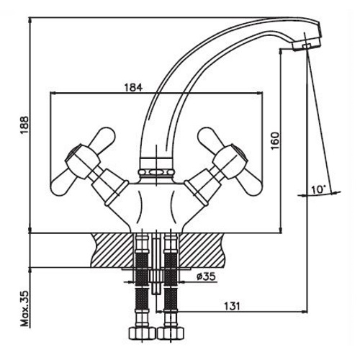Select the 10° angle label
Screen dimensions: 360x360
click(x=318, y=190)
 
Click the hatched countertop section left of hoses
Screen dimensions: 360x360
click(x=112, y=248)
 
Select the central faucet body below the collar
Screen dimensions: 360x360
click(x=156, y=202)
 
